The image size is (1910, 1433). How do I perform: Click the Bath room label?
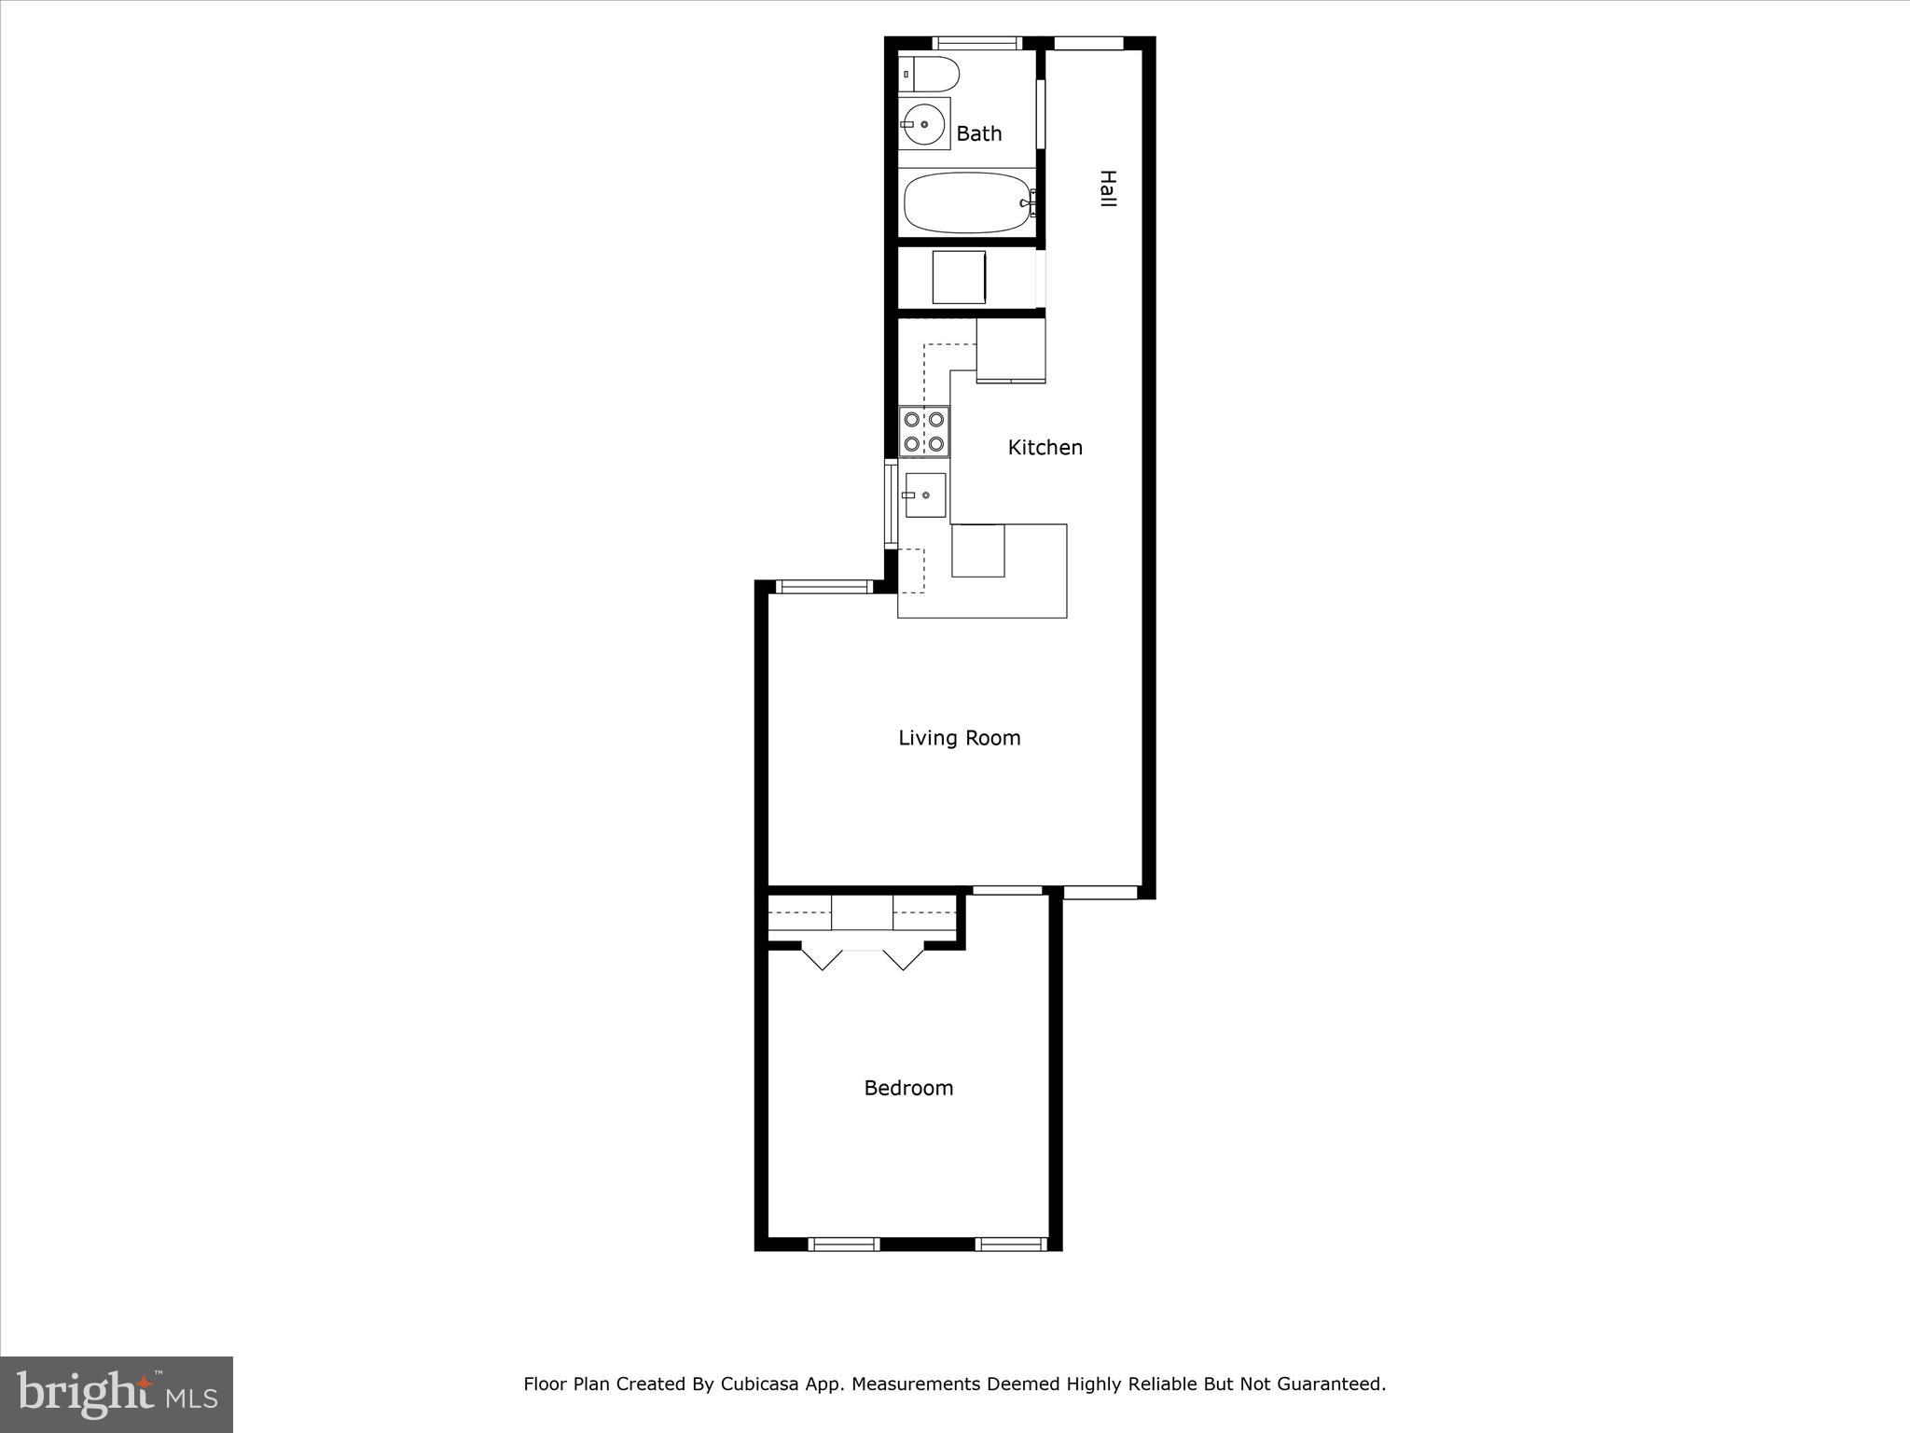coord(978,134)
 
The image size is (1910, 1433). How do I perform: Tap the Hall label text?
coord(1107,188)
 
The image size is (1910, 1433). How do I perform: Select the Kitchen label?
coord(1045,448)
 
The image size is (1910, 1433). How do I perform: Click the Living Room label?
coord(959,738)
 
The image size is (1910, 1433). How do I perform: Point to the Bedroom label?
coord(908,1088)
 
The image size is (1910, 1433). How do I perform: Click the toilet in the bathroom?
coord(929,73)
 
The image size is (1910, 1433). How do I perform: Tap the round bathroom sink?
coord(923,123)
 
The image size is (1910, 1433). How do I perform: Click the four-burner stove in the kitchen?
coord(923,432)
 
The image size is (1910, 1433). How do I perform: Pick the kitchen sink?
coord(925,494)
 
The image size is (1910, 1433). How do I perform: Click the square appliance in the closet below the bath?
coord(959,277)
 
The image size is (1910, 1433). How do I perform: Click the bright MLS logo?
coord(117,1395)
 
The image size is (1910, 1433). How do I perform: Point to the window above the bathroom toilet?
coord(976,43)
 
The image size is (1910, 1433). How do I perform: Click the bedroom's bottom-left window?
coord(843,1244)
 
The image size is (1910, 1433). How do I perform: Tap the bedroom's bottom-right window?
coord(1011,1244)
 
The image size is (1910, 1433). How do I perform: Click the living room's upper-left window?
coord(824,587)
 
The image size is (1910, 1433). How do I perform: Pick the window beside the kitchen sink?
coord(890,504)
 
